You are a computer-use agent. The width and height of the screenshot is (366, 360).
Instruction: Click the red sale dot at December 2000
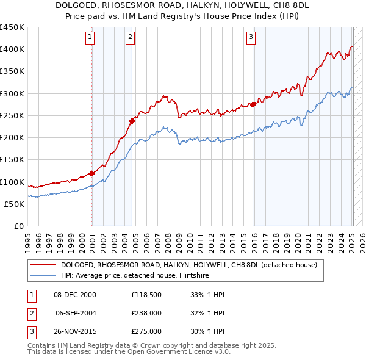point(91,173)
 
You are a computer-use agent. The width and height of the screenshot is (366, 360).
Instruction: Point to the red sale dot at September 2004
point(132,120)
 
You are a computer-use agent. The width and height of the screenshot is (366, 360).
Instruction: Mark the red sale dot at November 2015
point(253,104)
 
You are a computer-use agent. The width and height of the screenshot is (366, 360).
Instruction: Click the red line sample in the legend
point(42,265)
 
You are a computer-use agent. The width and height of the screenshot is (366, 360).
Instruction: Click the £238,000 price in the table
point(146,313)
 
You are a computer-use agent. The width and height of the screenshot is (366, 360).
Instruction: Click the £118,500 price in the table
point(146,295)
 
